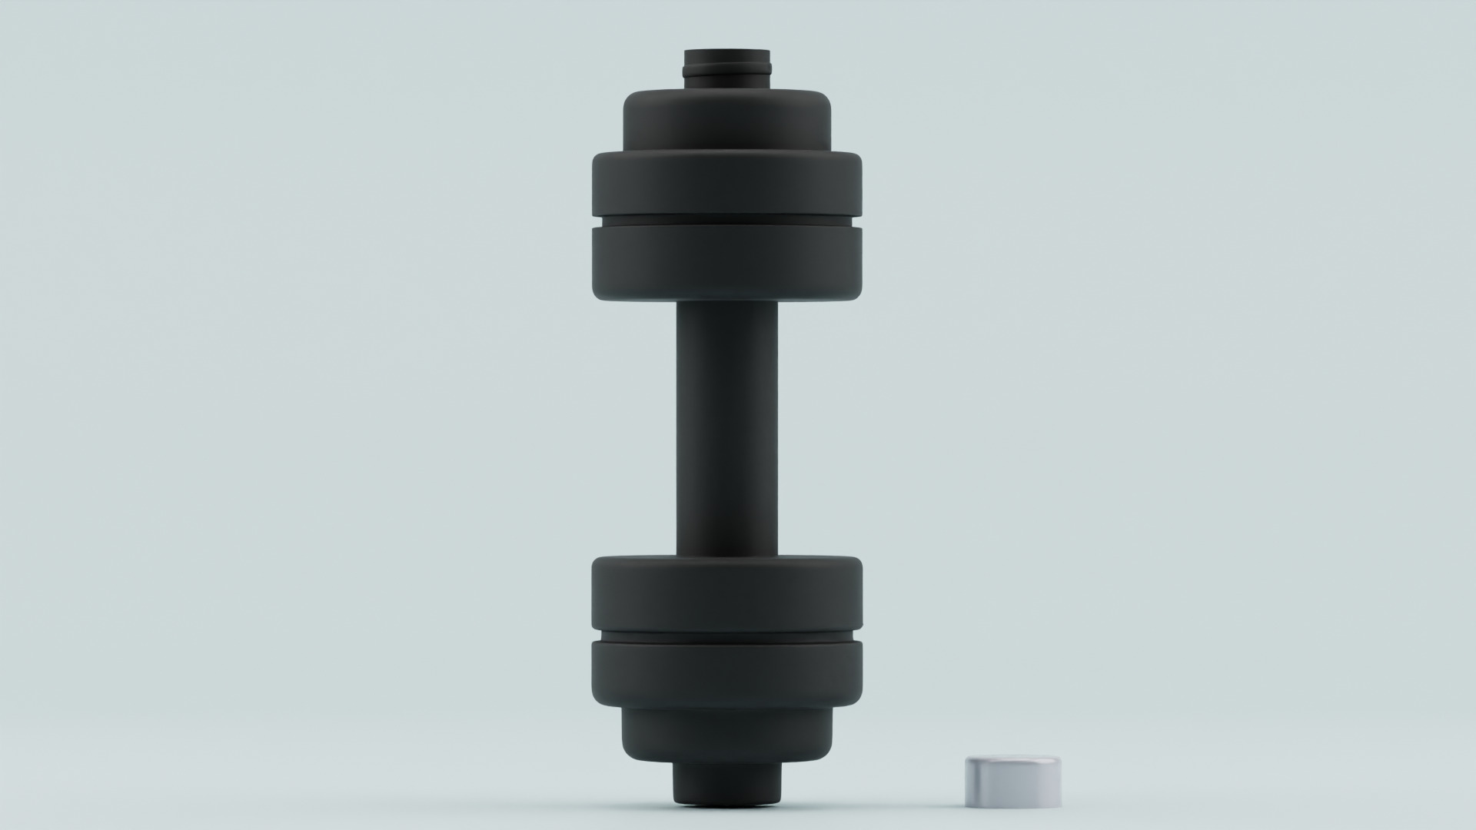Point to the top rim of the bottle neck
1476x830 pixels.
point(726,51)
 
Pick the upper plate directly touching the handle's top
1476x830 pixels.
point(726,261)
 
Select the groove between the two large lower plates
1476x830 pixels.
point(726,637)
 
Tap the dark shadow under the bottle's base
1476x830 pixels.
point(726,824)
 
